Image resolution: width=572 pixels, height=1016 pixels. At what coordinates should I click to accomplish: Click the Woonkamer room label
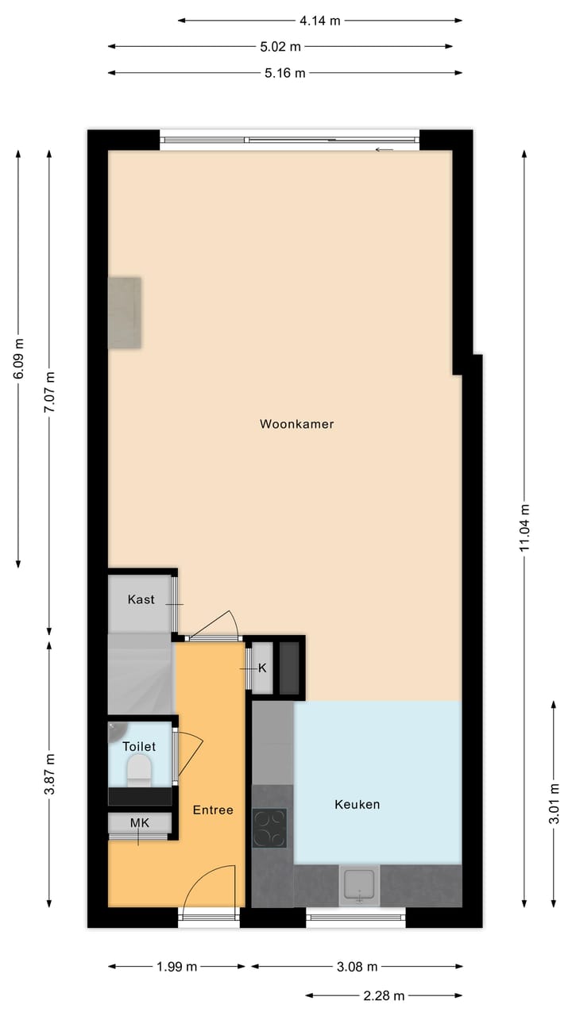coord(296,424)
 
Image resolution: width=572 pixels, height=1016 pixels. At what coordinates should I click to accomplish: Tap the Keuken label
coord(357,804)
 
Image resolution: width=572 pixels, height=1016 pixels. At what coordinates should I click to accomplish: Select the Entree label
coord(213,810)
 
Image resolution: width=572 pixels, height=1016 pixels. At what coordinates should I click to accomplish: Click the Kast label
coord(141,599)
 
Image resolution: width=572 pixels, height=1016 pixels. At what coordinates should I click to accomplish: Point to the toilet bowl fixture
coord(139,769)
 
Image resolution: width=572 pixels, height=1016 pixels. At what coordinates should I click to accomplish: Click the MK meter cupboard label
coord(140,822)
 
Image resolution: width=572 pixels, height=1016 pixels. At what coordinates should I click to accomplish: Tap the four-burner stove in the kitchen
coord(269,828)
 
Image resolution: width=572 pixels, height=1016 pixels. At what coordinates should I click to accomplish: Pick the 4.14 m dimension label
coord(319,21)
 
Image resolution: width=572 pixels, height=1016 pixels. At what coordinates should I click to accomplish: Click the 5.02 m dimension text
coord(280,46)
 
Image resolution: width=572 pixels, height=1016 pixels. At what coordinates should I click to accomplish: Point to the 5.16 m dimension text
coord(284,73)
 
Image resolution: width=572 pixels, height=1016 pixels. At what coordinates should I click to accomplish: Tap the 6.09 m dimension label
coord(19,360)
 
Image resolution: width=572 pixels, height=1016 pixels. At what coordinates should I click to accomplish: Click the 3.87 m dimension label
coord(49,774)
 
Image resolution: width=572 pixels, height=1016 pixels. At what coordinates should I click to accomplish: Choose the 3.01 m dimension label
coord(554,803)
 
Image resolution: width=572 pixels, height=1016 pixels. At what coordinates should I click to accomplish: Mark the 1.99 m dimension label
coord(177,967)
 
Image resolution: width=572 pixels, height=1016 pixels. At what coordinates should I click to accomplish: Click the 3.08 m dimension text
coord(357,967)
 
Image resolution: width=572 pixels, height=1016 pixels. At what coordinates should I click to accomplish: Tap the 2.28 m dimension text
coord(384,995)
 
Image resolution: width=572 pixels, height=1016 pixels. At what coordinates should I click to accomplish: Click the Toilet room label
coord(139,746)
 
